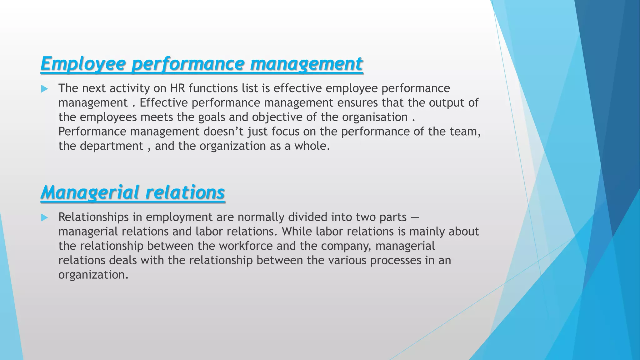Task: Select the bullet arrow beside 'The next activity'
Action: [x=44, y=89]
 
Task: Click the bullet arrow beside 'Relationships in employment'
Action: [x=44, y=217]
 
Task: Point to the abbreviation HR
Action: [x=178, y=88]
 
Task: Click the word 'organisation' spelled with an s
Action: [x=375, y=117]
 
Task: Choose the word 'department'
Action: [x=112, y=146]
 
